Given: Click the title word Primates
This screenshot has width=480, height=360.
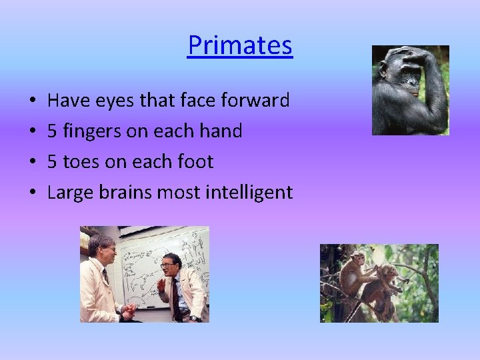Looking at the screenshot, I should click(x=239, y=45).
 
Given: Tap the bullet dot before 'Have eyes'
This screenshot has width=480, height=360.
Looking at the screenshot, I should click(x=32, y=102).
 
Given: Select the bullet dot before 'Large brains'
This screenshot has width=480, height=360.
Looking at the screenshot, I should click(x=32, y=193).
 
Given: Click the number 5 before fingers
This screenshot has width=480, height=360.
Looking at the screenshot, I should click(x=53, y=131).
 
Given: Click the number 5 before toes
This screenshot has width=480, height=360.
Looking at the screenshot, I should click(x=53, y=161).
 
